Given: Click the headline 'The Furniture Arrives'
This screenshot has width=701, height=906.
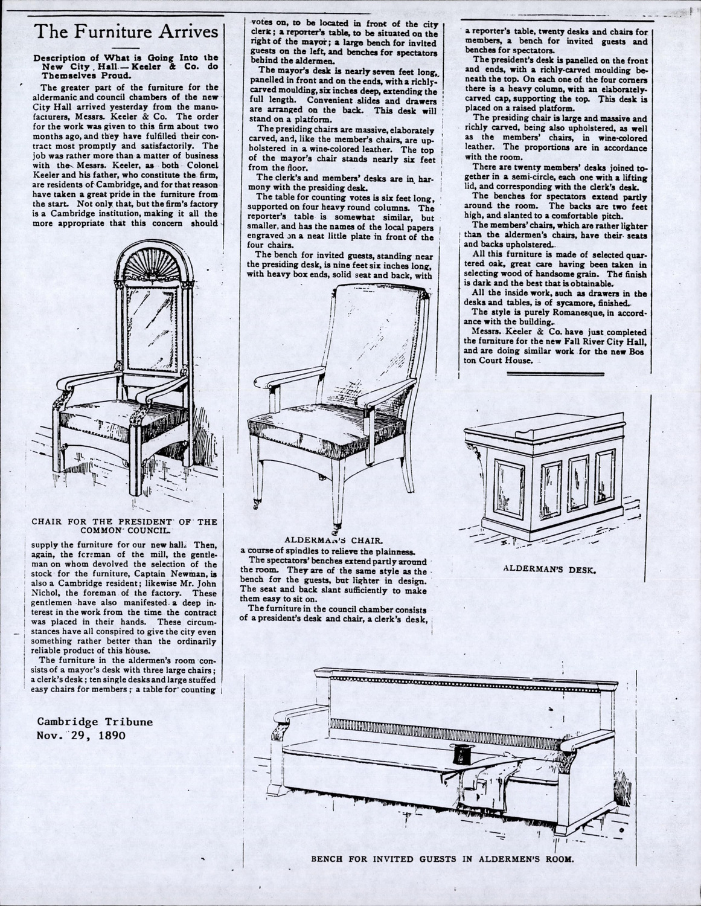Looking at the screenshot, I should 126,31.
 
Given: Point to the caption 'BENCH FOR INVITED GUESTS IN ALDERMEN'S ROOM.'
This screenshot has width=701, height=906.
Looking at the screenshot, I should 441,858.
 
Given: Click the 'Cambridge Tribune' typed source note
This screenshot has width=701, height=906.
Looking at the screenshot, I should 95,722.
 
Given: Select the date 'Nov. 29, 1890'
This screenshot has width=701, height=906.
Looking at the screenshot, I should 81,735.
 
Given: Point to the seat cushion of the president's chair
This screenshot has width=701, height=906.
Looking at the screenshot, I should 106,411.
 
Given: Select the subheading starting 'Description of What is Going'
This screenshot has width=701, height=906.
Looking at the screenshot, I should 125,67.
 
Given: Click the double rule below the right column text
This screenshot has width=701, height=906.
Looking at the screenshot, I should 555,374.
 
